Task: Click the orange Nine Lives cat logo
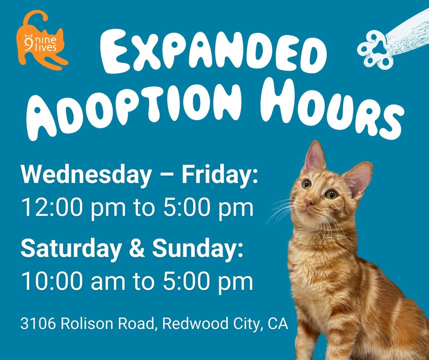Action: pyautogui.click(x=41, y=41)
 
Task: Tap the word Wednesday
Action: pyautogui.click(x=86, y=175)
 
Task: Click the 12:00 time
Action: pyautogui.click(x=52, y=208)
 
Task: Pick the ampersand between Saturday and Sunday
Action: pyautogui.click(x=137, y=248)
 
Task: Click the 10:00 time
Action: pyautogui.click(x=52, y=281)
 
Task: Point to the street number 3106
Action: pyautogui.click(x=38, y=323)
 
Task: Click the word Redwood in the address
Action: pyautogui.click(x=195, y=323)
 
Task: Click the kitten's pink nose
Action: pyautogui.click(x=310, y=203)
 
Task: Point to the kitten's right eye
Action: pyautogui.click(x=307, y=184)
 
